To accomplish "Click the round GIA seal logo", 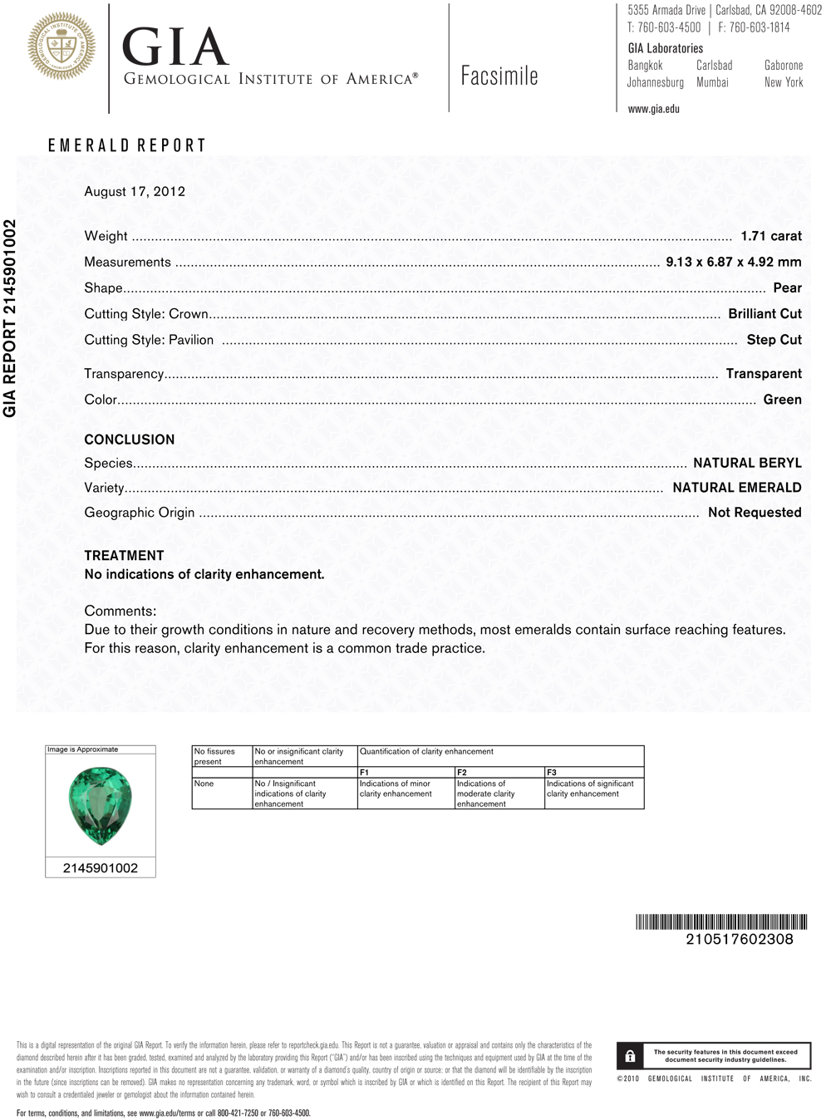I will coord(61,47).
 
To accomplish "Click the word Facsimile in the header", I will coord(499,76).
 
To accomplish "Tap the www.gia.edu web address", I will coord(653,109).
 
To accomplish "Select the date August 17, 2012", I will coord(135,192).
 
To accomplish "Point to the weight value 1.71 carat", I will coord(771,237).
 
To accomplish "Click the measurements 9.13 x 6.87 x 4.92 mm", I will coord(733,263).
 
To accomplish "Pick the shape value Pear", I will coord(787,288).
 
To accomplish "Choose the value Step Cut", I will coord(774,340).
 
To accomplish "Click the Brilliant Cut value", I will coord(765,314).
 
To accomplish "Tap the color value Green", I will coord(782,400).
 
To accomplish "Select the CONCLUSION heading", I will coord(130,440).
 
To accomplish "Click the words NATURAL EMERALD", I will coord(736,488).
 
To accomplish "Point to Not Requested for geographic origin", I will coord(755,513).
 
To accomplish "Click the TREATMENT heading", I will coord(124,556).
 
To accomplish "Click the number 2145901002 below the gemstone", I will coord(101,868).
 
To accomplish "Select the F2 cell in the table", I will coord(462,773).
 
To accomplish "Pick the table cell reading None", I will coord(204,784).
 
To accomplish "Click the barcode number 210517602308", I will coord(739,940).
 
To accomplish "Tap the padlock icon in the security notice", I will coord(630,1056).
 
